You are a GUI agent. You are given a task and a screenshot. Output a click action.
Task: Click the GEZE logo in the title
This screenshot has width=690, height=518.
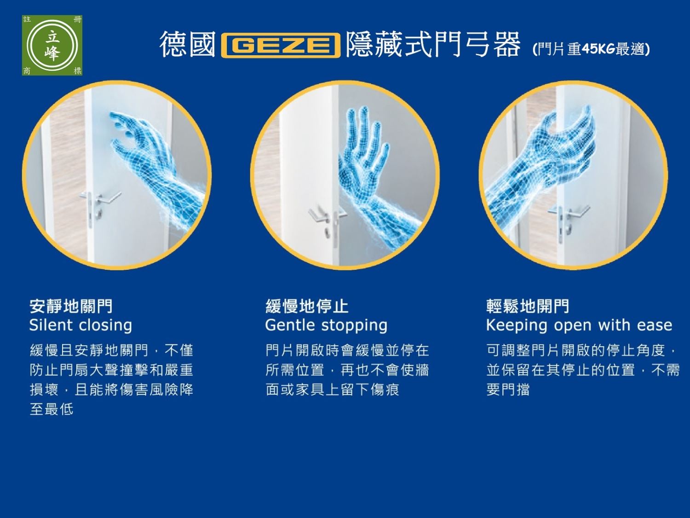(x=281, y=45)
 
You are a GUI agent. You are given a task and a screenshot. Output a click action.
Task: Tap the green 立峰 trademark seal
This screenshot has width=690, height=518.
(x=52, y=45)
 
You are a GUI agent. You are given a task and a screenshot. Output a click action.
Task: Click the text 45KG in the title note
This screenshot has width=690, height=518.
(x=598, y=48)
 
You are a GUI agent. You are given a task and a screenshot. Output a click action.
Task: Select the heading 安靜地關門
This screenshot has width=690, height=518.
(x=71, y=306)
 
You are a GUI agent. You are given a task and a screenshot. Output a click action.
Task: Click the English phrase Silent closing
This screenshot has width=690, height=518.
(x=80, y=326)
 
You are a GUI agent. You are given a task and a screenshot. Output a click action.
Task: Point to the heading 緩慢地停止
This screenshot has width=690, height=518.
(x=307, y=306)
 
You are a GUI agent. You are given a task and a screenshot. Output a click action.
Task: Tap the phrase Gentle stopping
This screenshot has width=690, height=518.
(x=326, y=326)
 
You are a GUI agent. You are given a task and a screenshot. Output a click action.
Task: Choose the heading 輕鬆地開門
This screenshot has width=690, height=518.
(x=528, y=306)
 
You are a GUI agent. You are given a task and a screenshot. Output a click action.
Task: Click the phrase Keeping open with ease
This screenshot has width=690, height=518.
(x=579, y=326)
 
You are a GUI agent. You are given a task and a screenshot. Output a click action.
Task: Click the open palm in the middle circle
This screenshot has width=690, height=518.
(x=363, y=152)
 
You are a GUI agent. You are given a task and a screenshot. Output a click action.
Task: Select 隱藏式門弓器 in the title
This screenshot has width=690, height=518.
(x=432, y=45)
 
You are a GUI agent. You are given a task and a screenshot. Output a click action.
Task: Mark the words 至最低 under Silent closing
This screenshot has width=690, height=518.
(x=52, y=409)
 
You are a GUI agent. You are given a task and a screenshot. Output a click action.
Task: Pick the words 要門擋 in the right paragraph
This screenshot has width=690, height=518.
(x=508, y=390)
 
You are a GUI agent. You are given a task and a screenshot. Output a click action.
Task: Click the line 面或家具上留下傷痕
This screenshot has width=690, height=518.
(x=332, y=390)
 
